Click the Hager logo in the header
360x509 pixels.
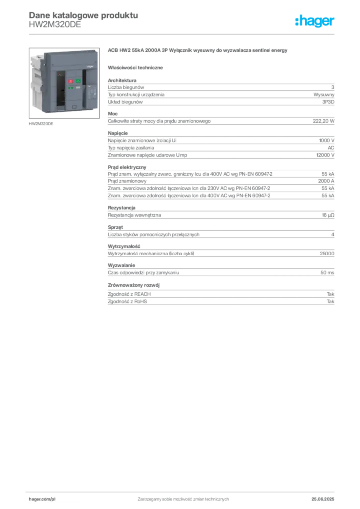pos(314,21)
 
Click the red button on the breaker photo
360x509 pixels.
pos(70,81)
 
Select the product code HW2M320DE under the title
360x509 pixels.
pos(55,25)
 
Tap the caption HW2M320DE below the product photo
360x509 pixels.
pos(41,124)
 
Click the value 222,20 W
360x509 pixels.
pos(323,121)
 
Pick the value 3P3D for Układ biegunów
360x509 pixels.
pos(328,102)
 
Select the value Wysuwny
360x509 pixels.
pos(324,95)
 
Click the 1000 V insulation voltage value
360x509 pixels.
pos(327,140)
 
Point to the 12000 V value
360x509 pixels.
pos(325,155)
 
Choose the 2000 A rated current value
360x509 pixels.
pos(326,181)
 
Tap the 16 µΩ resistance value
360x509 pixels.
pos(328,215)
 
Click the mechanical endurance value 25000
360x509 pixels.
pos(327,253)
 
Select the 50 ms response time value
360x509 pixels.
pos(327,273)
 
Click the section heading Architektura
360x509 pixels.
pos(122,80)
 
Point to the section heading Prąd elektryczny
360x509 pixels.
pos(127,167)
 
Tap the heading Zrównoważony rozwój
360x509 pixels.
pos(134,285)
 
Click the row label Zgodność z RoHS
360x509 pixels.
pos(127,301)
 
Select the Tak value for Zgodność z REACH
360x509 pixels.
pos(331,294)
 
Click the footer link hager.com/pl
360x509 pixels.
pos(42,499)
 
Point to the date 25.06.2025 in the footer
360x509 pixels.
pos(323,499)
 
